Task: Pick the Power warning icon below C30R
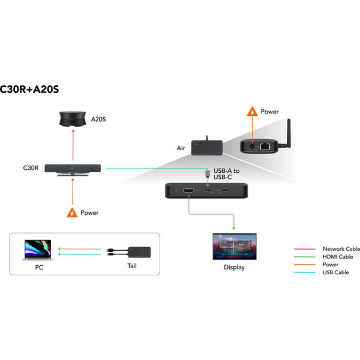click(73, 212)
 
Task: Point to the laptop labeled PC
click(37, 250)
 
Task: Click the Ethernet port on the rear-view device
click(264, 146)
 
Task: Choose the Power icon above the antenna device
click(253, 112)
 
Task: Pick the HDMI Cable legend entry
click(338, 257)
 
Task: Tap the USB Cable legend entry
click(335, 272)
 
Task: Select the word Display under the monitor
click(234, 267)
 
